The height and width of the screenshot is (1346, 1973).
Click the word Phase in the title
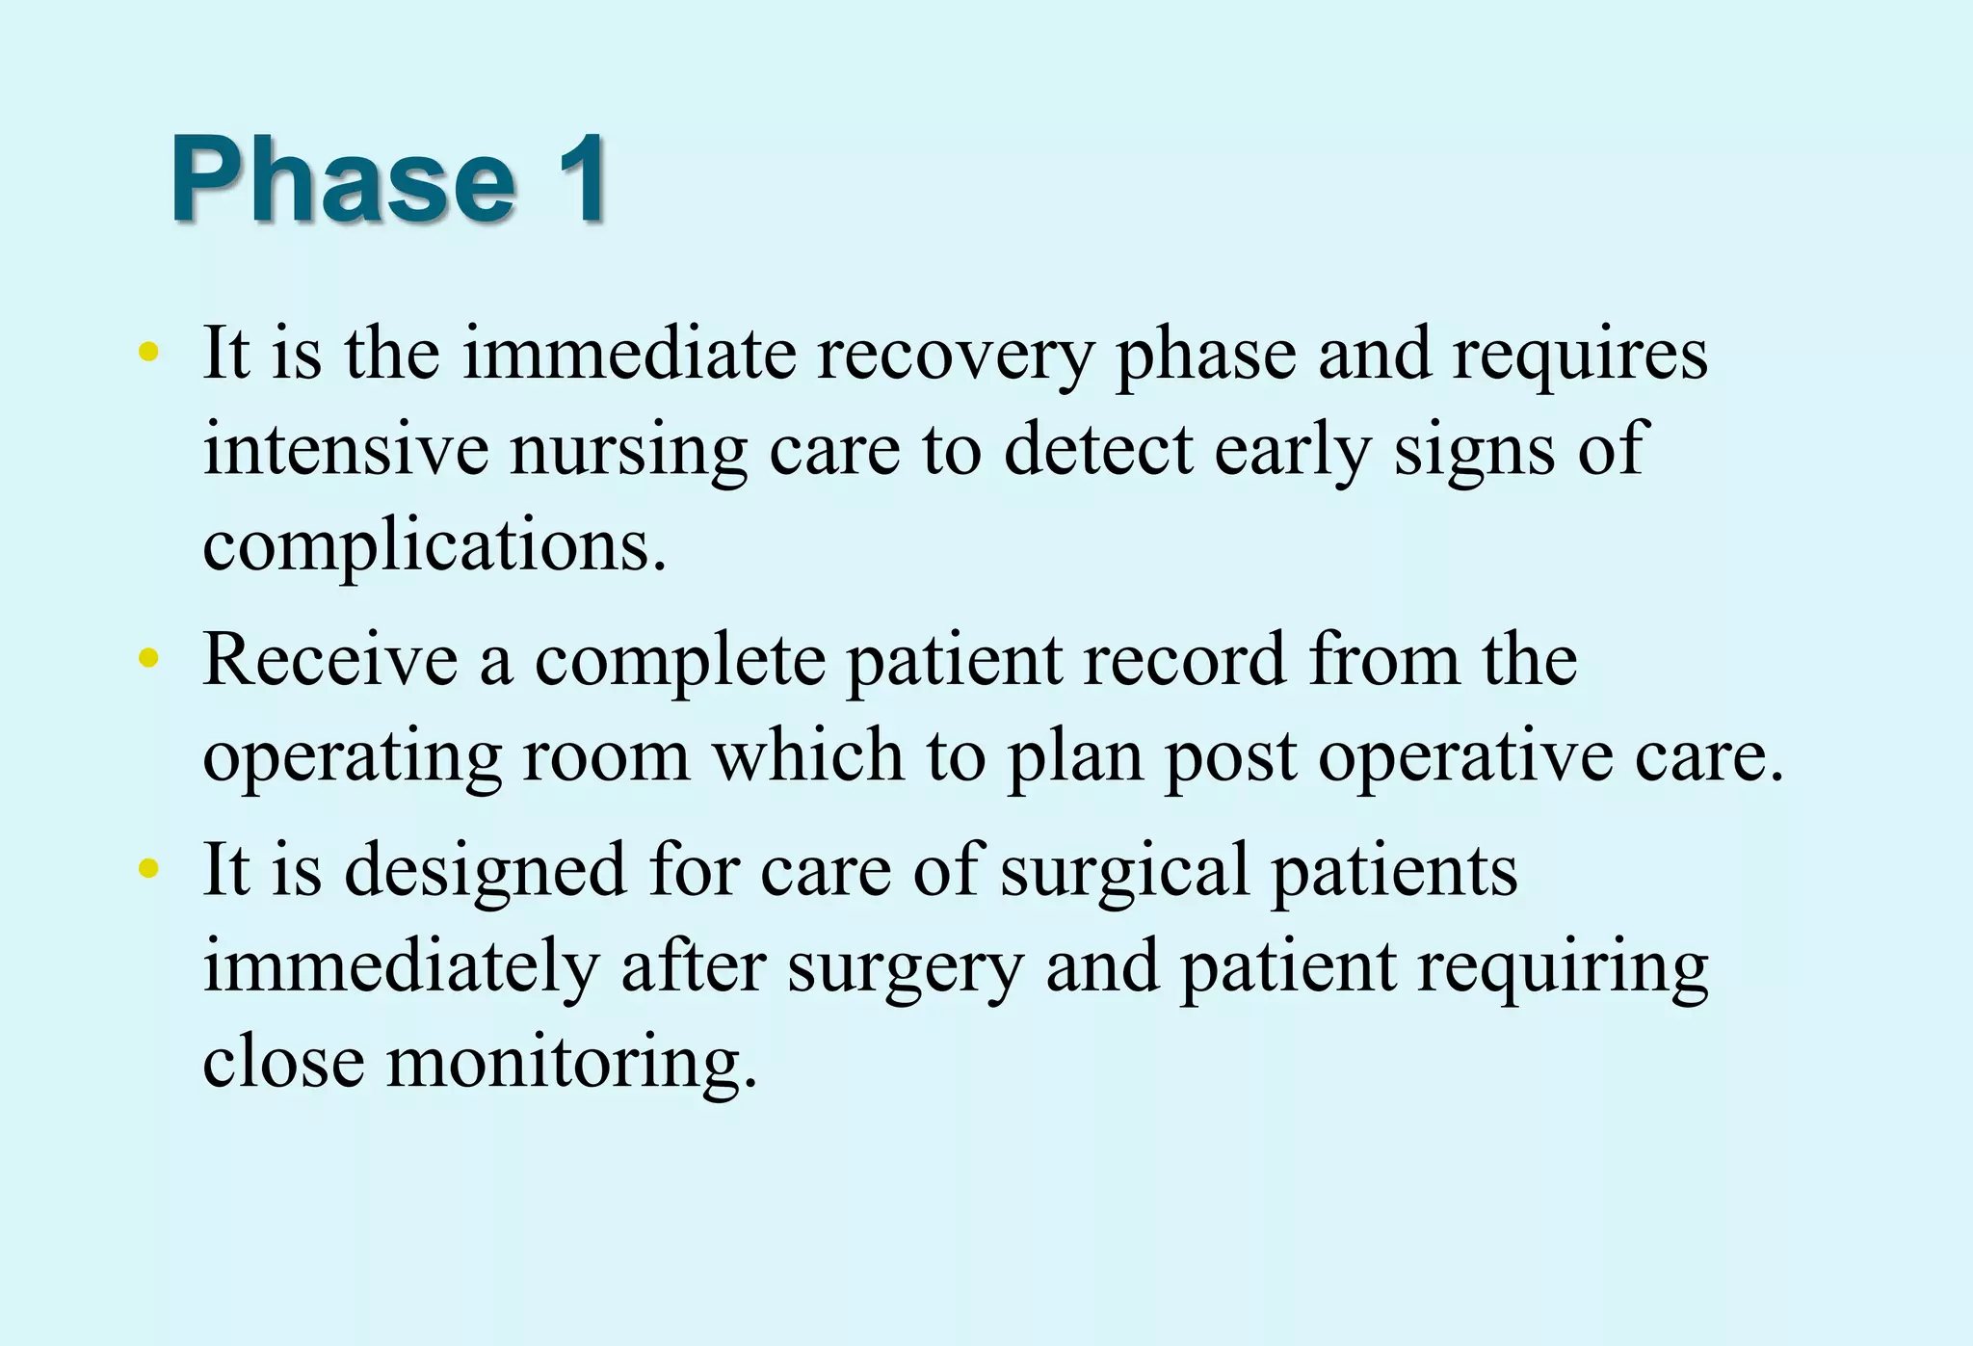pyautogui.click(x=343, y=180)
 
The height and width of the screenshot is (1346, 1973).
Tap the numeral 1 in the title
pyautogui.click(x=578, y=180)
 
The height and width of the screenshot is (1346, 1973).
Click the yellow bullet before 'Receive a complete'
pyautogui.click(x=148, y=658)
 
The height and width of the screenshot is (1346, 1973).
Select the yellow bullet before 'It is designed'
pyautogui.click(x=148, y=868)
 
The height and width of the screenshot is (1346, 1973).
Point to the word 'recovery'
pyautogui.click(x=955, y=355)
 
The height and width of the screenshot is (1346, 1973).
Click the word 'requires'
pyautogui.click(x=1580, y=355)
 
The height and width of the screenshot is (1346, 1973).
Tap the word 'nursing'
pyautogui.click(x=628, y=451)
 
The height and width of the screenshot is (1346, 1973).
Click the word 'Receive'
pyautogui.click(x=329, y=660)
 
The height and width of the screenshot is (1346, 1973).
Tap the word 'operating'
pyautogui.click(x=352, y=757)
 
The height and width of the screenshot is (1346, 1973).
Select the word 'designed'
pyautogui.click(x=486, y=870)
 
